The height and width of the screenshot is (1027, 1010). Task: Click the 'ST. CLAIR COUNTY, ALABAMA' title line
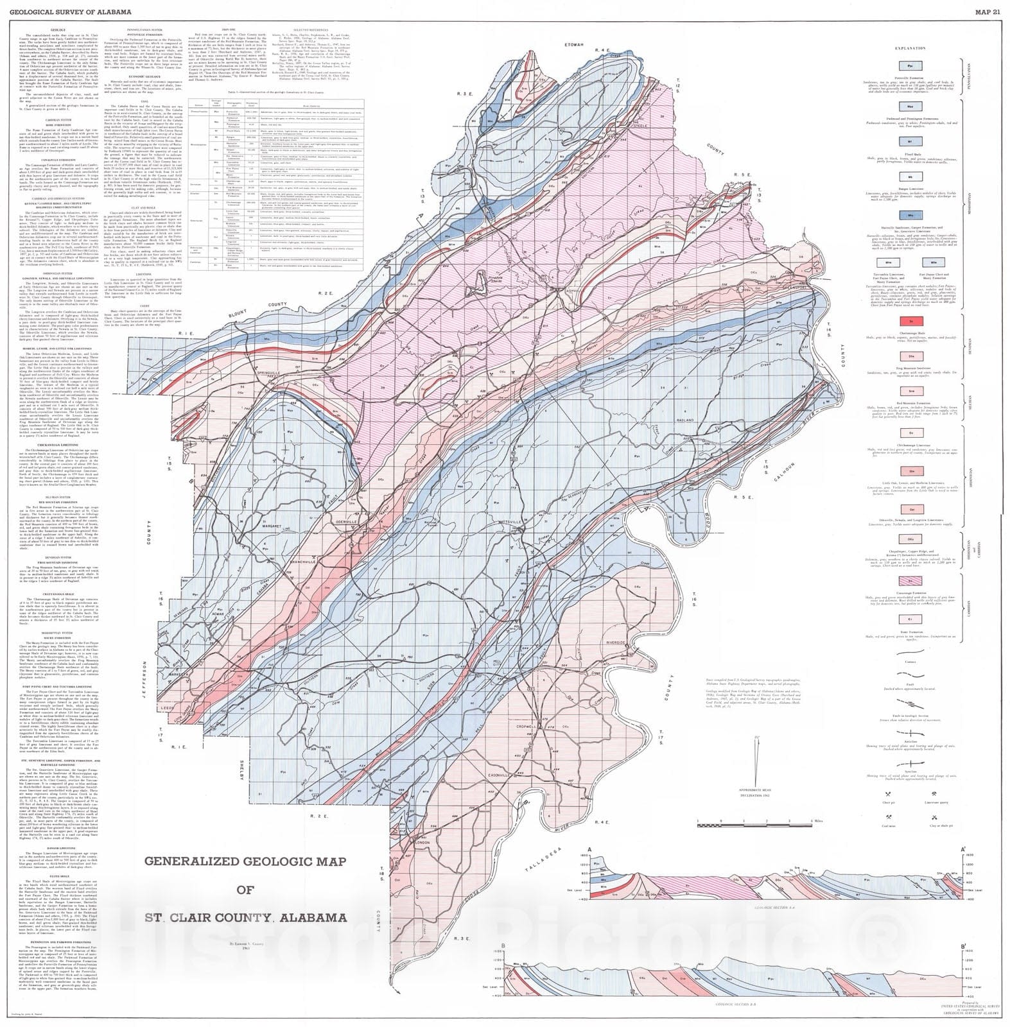[x=245, y=917]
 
